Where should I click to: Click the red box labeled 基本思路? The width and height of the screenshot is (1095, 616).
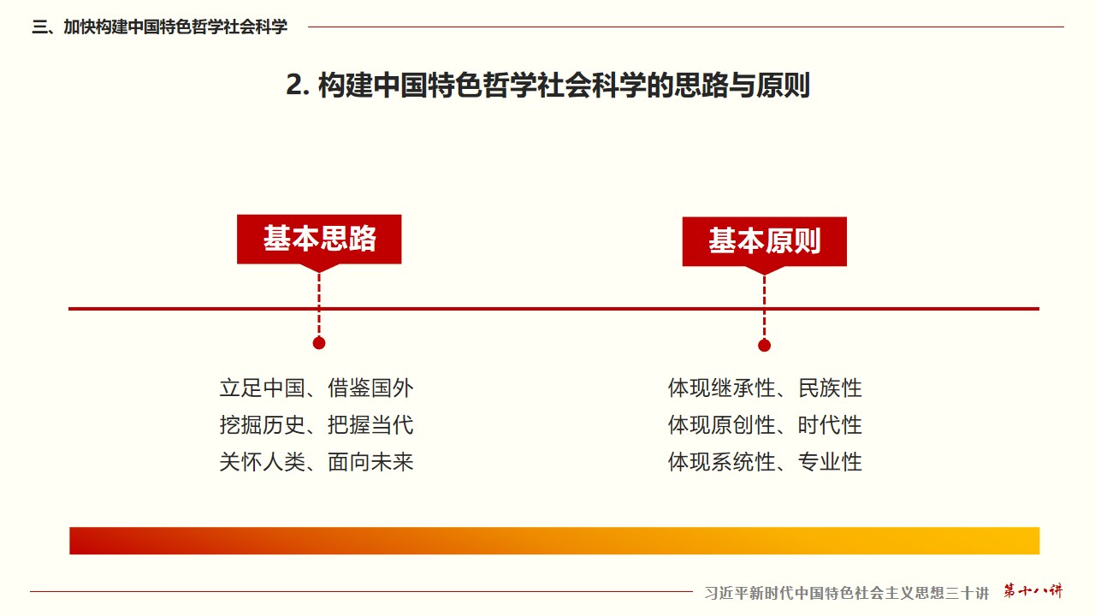tap(319, 239)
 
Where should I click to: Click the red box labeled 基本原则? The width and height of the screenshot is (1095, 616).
tap(765, 241)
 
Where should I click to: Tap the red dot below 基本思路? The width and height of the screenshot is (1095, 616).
tap(319, 343)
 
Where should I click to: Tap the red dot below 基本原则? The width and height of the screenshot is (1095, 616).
tap(765, 346)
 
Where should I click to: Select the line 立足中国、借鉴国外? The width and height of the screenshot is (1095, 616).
tap(317, 388)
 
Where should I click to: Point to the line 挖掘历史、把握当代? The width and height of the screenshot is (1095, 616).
tap(317, 425)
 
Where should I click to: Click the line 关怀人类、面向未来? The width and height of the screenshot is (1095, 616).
tap(317, 462)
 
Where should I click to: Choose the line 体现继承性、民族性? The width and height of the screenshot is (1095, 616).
tap(765, 388)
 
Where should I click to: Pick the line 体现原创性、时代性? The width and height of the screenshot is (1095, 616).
tap(765, 425)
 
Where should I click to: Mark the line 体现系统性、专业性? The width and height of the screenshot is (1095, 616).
tap(765, 462)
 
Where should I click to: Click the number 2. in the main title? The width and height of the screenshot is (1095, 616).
tap(298, 85)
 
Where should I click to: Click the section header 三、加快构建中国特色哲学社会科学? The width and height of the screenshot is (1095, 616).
tap(159, 27)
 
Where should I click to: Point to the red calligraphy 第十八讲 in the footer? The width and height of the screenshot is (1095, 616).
tap(1033, 590)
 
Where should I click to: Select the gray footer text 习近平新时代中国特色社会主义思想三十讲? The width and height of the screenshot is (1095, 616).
tap(847, 593)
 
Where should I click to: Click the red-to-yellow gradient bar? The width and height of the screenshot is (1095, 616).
tap(554, 541)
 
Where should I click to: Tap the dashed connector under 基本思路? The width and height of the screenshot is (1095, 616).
tap(319, 305)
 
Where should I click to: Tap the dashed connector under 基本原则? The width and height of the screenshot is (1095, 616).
tap(765, 307)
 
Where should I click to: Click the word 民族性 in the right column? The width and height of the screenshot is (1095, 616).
tap(830, 388)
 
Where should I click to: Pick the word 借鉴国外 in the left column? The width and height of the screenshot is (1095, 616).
tap(370, 388)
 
